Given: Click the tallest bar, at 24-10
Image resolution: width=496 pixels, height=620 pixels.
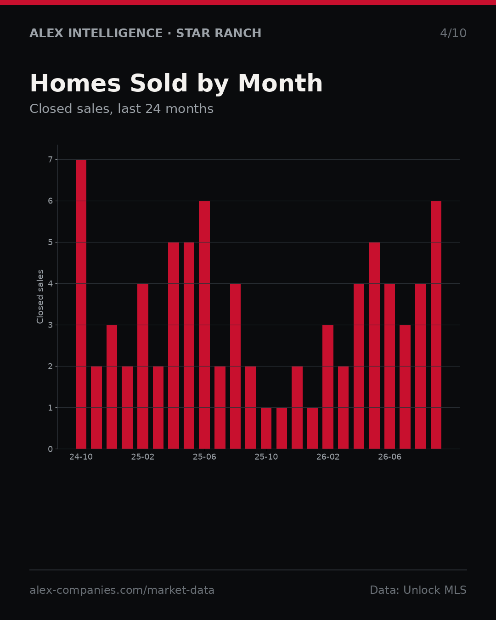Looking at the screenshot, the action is pyautogui.click(x=81, y=304).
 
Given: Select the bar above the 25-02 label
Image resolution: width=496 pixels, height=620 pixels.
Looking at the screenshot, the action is pyautogui.click(x=143, y=366).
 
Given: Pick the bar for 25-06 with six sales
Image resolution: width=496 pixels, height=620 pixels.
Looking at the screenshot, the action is pyautogui.click(x=204, y=325).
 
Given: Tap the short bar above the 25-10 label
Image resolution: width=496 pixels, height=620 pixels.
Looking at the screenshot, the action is pyautogui.click(x=266, y=428).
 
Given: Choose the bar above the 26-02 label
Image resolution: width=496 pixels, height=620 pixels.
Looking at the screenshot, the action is pyautogui.click(x=328, y=387).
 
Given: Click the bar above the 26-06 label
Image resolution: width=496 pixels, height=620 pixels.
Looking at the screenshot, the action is pyautogui.click(x=389, y=366).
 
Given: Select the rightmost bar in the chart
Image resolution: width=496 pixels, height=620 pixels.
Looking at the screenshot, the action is pyautogui.click(x=436, y=325).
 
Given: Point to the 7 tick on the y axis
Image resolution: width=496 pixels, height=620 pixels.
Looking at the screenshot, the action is pyautogui.click(x=51, y=160).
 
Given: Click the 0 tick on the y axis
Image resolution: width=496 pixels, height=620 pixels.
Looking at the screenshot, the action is pyautogui.click(x=51, y=449).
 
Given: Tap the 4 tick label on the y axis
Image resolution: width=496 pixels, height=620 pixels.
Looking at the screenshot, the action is pyautogui.click(x=51, y=284).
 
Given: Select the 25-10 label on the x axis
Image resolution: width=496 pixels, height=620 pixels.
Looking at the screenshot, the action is pyautogui.click(x=266, y=457).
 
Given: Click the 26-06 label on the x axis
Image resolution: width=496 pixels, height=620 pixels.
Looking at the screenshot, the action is pyautogui.click(x=389, y=457).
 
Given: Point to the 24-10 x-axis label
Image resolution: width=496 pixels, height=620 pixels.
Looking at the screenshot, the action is pyautogui.click(x=81, y=457).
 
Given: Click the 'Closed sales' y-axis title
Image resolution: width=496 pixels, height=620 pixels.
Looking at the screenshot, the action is pyautogui.click(x=40, y=297).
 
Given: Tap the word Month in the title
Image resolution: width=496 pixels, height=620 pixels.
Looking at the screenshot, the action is pyautogui.click(x=280, y=83).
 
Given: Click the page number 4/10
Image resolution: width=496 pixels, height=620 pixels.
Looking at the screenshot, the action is pyautogui.click(x=453, y=33).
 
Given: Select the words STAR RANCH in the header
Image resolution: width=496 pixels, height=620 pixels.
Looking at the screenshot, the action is pyautogui.click(x=219, y=33).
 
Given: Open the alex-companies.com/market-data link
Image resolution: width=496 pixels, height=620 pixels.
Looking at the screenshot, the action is pyautogui.click(x=122, y=590).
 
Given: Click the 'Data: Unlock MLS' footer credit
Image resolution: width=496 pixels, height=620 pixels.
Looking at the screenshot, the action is pyautogui.click(x=418, y=590).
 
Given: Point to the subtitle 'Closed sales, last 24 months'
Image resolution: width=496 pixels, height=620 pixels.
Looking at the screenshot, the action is pyautogui.click(x=121, y=109).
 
